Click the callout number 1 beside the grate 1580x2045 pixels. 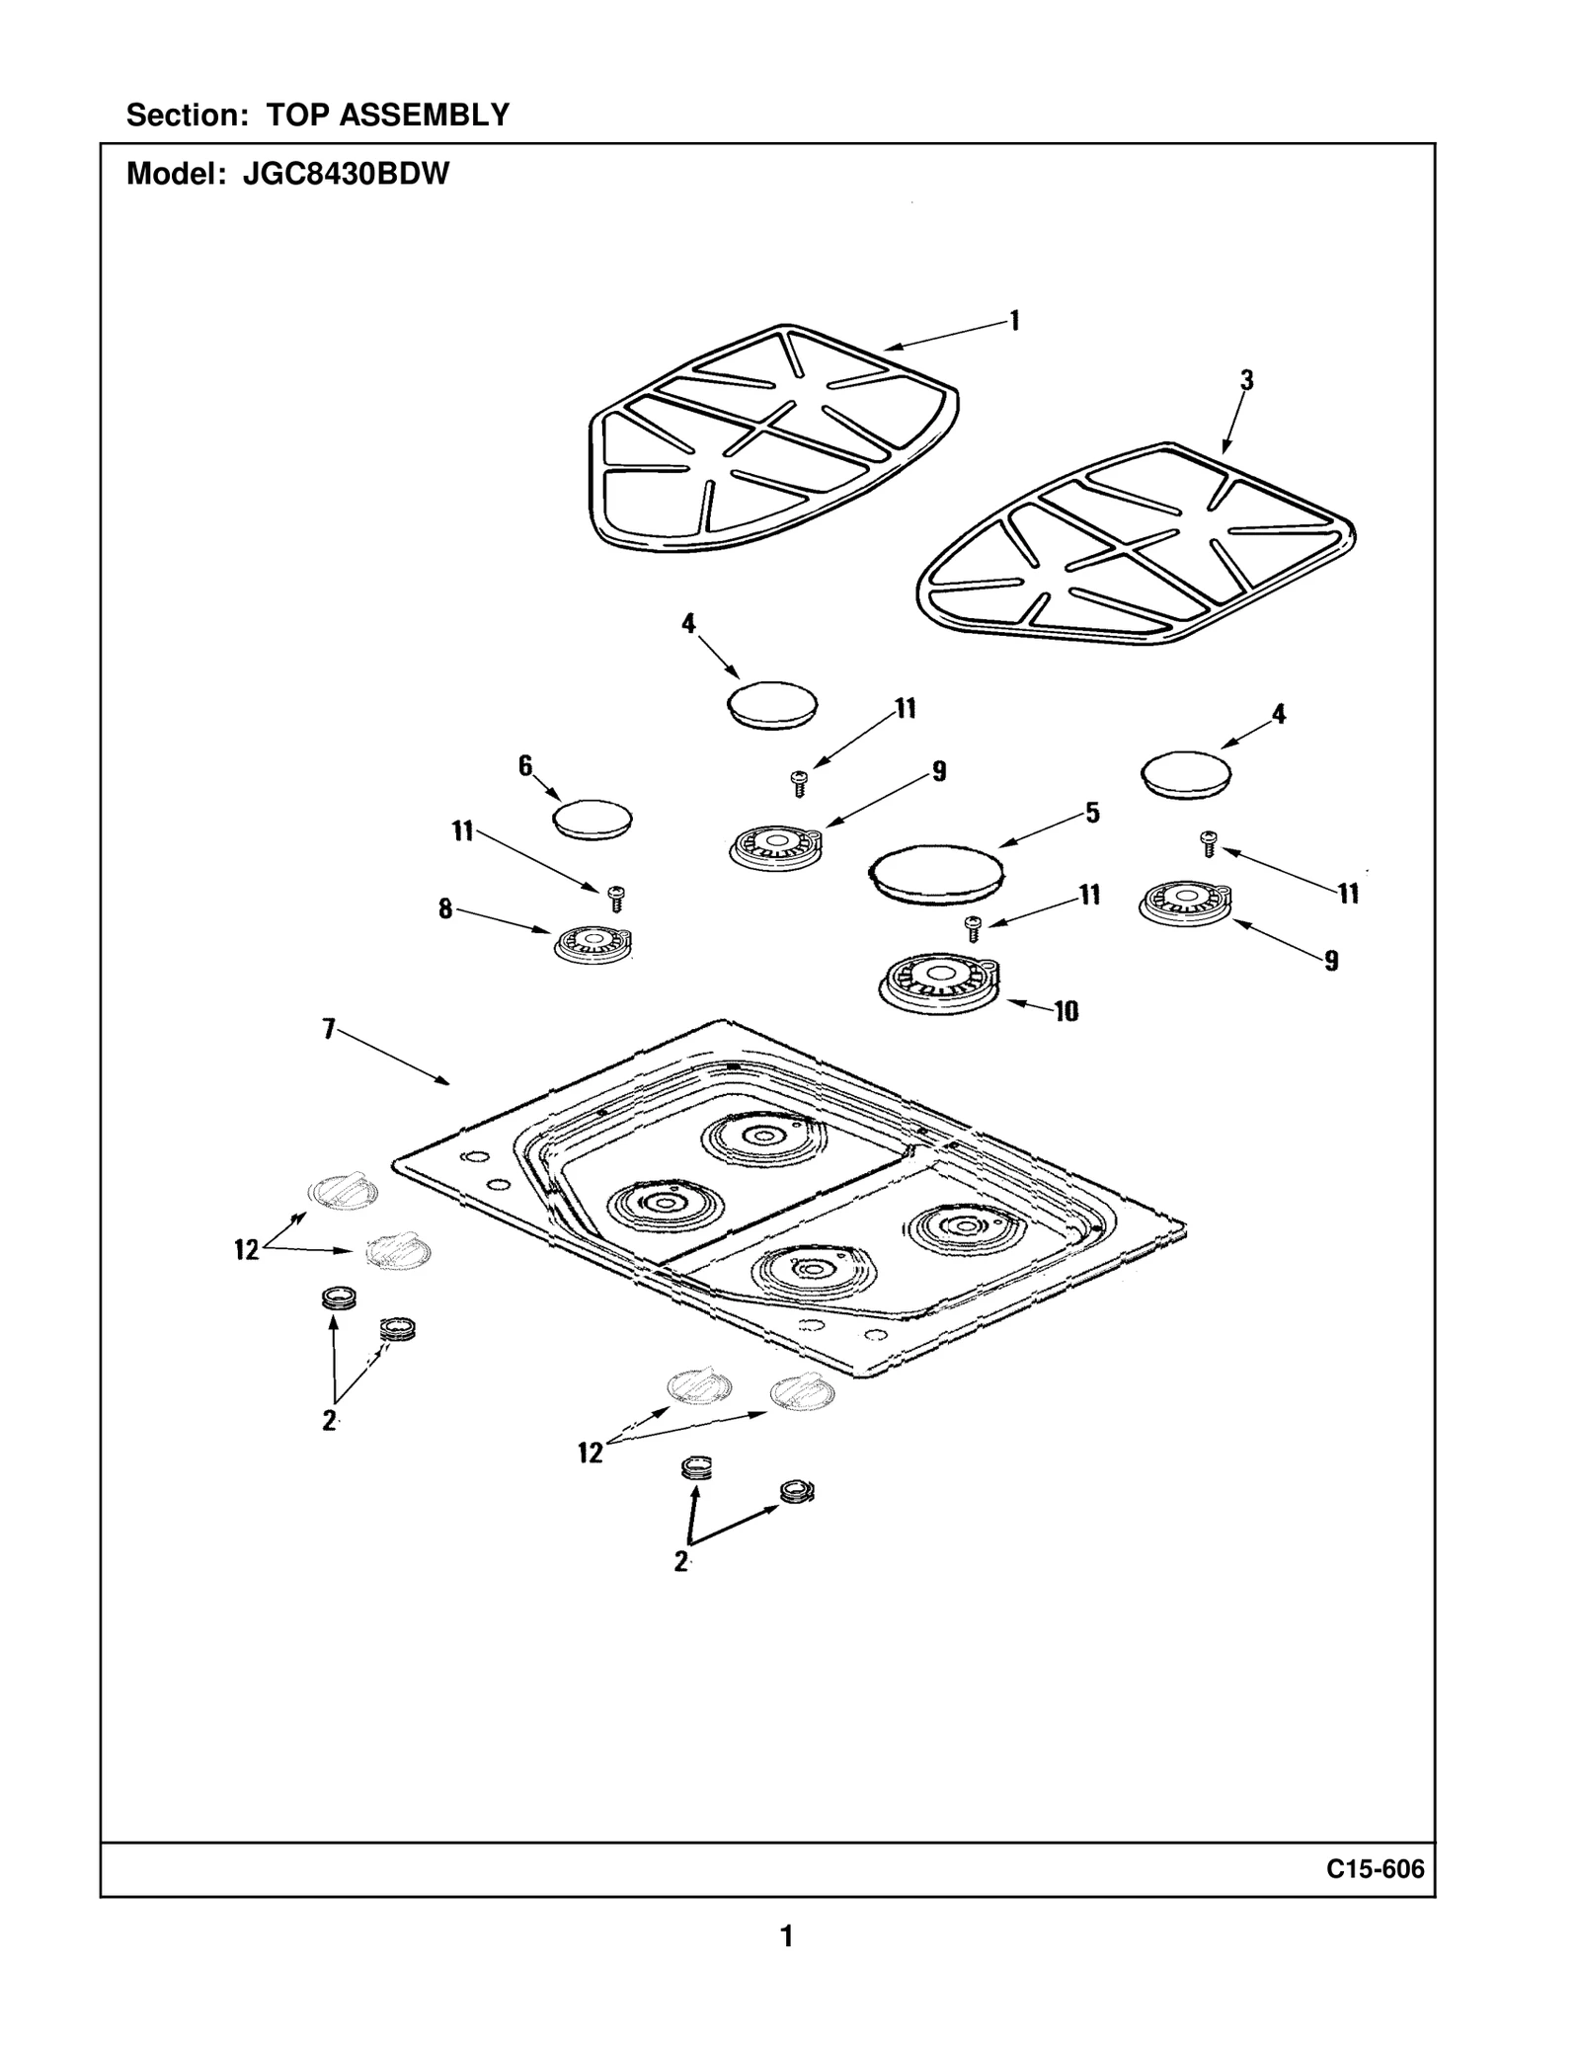tap(1014, 321)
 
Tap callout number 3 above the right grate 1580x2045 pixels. tap(1247, 380)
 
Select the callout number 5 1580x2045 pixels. tap(1092, 813)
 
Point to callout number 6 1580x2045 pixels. tap(525, 765)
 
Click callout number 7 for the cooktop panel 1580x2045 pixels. tap(329, 1030)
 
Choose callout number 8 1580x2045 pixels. tap(445, 908)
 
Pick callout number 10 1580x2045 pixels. tap(1066, 1011)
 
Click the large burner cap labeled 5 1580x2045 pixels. tap(936, 874)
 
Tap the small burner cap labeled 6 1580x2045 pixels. tap(592, 820)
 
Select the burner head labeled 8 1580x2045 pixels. tap(593, 944)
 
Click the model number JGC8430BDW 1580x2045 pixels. tap(346, 175)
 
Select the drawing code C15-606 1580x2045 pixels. tap(1376, 1869)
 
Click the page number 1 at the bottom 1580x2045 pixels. tap(786, 1936)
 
